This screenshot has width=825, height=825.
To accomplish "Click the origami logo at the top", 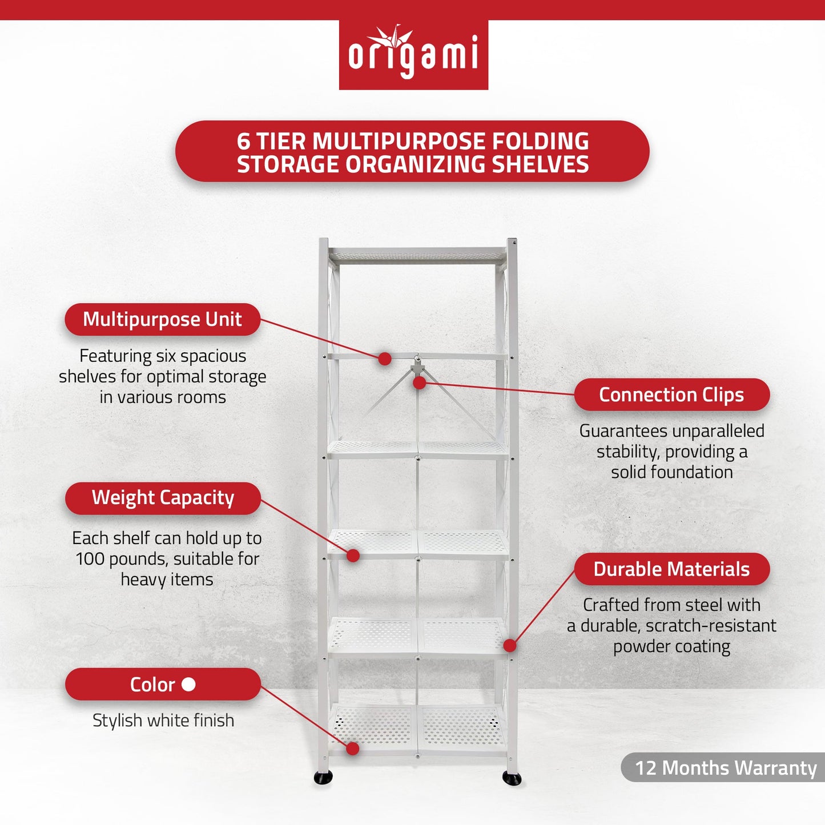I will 413,55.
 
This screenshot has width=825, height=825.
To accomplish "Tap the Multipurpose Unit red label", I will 163,319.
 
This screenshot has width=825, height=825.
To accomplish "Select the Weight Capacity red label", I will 163,498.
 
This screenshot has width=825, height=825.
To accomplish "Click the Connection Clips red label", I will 671,395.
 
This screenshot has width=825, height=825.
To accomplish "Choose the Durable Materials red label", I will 671,569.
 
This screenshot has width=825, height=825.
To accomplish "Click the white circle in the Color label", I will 188,684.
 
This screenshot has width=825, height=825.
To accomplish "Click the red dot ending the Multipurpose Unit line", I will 385,359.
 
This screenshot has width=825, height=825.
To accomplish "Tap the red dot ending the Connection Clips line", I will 420,383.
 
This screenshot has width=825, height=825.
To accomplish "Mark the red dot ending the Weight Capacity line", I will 353,555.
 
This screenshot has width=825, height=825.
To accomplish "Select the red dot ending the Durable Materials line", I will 510,646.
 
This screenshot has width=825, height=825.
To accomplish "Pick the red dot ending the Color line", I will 353,748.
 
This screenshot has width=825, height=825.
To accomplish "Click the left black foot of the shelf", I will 323,777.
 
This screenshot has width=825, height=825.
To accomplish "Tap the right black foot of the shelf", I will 512,778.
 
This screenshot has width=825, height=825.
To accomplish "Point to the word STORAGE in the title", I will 288,164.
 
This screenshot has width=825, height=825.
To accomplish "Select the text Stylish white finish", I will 163,721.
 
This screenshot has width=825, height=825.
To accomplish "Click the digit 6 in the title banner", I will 244,142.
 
